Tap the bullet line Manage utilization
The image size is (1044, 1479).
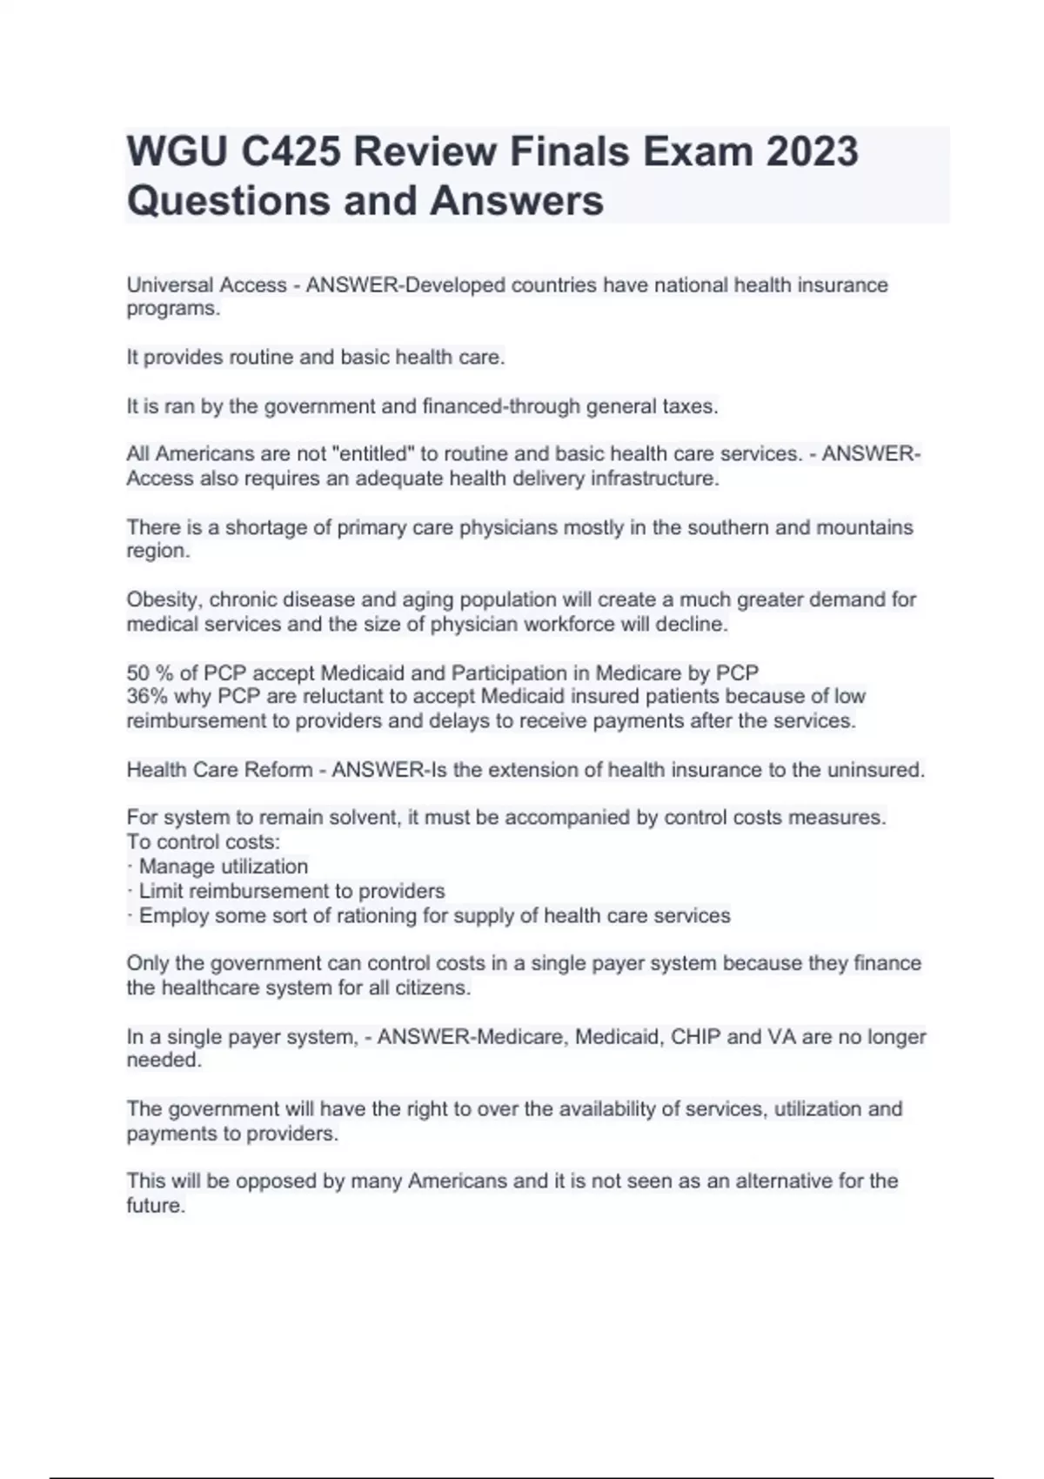(223, 867)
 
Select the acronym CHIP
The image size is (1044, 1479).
(696, 1037)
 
